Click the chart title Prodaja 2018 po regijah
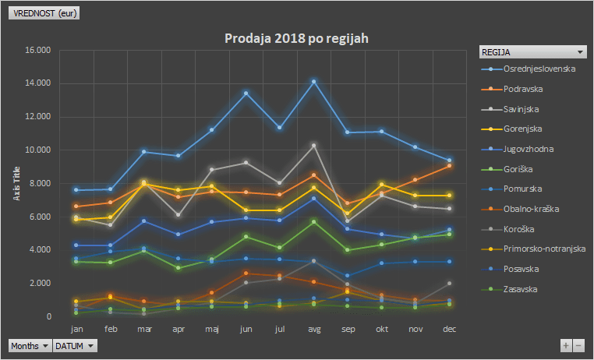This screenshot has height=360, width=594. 296,39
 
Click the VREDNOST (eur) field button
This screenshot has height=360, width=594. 44,13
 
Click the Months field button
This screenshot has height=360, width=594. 30,346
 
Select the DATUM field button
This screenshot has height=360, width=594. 75,346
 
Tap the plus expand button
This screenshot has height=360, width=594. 566,345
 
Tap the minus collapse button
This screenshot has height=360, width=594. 578,345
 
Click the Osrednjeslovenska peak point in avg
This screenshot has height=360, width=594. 313,81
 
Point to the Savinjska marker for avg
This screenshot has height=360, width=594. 313,146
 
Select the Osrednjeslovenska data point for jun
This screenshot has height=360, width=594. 246,94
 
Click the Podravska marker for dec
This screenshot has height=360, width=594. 449,166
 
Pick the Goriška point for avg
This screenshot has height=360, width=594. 313,222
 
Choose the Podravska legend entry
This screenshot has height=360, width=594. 512,89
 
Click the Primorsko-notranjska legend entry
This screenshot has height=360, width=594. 533,249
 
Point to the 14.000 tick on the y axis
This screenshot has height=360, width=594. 38,83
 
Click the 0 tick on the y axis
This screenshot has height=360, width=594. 49,316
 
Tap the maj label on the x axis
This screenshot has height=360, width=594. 212,330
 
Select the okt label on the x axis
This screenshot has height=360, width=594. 382,329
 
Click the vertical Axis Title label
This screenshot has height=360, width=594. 16,183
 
